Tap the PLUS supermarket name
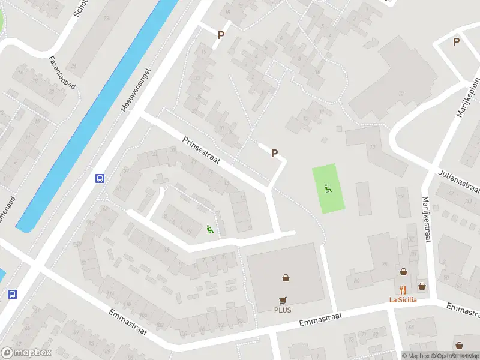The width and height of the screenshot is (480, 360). tap(283, 310)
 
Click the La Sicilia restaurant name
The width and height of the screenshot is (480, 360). tap(403, 300)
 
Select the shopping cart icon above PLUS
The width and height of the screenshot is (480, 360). tap(283, 300)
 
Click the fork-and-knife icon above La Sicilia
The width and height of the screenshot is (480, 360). tap(403, 289)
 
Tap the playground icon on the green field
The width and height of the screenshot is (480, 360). tap(328, 188)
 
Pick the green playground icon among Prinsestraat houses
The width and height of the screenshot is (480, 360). tap(209, 228)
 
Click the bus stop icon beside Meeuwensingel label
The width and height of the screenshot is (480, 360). tap(100, 178)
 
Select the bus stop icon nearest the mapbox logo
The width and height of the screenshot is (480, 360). tap(12, 294)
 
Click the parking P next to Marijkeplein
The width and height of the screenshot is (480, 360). tap(456, 41)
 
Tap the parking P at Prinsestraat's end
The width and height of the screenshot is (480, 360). tap(274, 153)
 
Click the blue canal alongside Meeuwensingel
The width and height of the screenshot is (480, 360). tap(90, 120)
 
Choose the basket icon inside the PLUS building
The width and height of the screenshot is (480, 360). tap(286, 278)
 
